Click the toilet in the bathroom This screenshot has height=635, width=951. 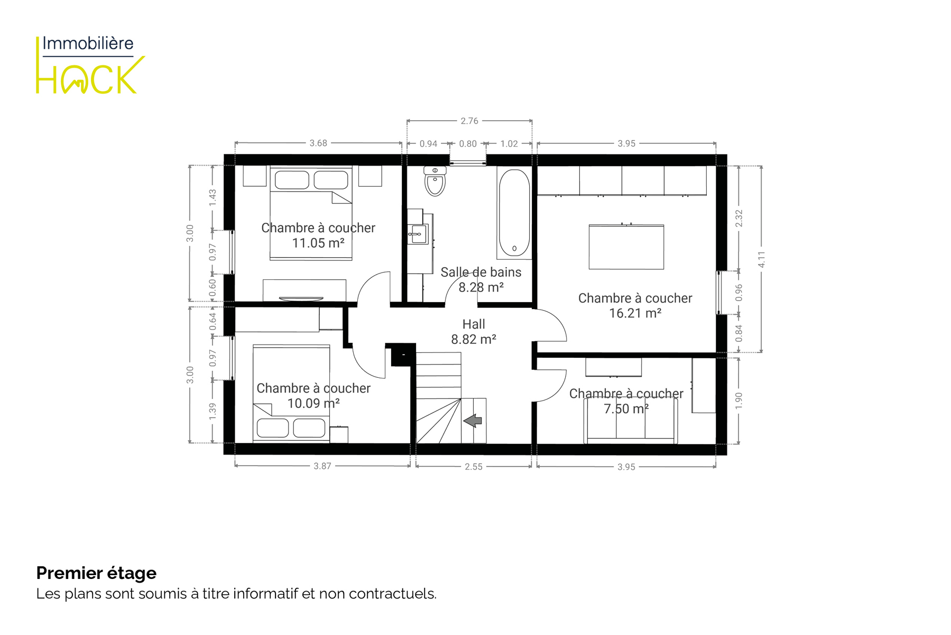pos(435,181)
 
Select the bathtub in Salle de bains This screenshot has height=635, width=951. pos(514,213)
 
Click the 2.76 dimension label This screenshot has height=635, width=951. pos(469,121)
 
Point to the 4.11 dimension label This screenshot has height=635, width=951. pos(761,259)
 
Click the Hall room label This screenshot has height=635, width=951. pos(474,324)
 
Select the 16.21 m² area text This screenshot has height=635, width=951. pos(635,313)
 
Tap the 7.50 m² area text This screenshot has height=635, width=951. pos(626,409)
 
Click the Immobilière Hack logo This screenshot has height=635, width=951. pos(90,65)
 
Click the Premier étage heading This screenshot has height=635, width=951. pos(96,573)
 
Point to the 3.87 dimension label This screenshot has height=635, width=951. pos(322,466)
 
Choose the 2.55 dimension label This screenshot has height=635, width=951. pos(474,467)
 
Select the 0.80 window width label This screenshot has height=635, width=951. pos(468,143)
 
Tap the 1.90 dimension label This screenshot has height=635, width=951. pos(738,401)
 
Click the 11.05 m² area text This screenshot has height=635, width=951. pos(318,243)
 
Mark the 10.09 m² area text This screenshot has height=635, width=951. pos(313,404)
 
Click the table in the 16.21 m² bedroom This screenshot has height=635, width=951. pos(626,247)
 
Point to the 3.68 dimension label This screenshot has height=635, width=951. pos(318,143)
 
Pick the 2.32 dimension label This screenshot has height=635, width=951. pos(738,219)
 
